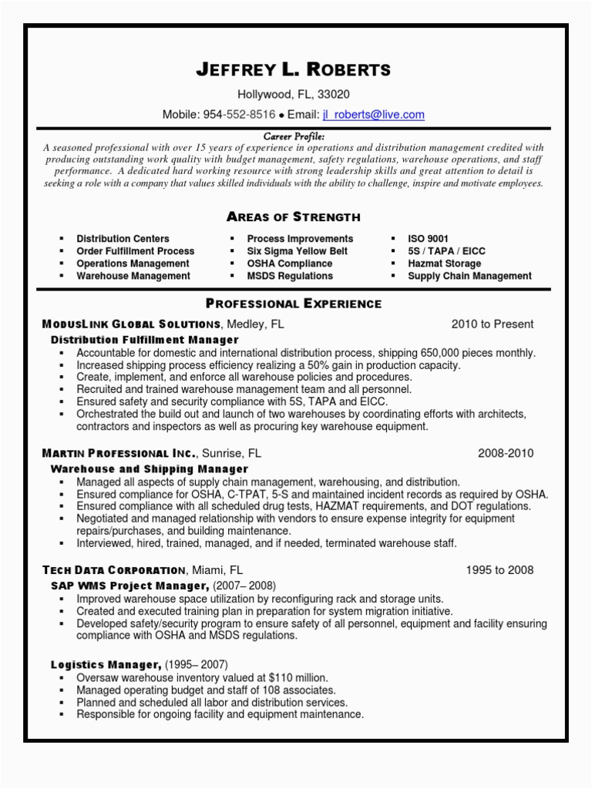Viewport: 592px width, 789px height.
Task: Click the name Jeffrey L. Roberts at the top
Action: [294, 69]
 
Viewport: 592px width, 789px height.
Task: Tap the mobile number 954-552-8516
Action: [239, 115]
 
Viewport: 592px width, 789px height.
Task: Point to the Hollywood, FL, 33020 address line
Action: [294, 95]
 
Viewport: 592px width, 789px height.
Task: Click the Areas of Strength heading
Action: [294, 217]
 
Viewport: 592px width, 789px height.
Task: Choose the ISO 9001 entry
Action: [428, 239]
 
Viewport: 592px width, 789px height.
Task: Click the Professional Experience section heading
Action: [294, 304]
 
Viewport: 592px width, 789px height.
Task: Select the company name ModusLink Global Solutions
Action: [132, 324]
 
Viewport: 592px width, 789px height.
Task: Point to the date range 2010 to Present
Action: [492, 324]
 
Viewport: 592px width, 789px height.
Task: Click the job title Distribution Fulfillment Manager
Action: [145, 340]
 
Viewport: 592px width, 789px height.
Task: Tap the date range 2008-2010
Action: [506, 453]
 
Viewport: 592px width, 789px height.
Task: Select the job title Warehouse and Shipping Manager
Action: [149, 468]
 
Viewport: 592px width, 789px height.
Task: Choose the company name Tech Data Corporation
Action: [113, 570]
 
